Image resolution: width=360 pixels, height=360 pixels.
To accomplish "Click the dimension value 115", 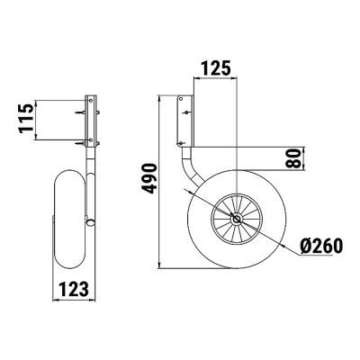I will [x=28, y=118].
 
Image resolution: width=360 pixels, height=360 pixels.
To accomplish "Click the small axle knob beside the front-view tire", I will [x=90, y=222].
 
